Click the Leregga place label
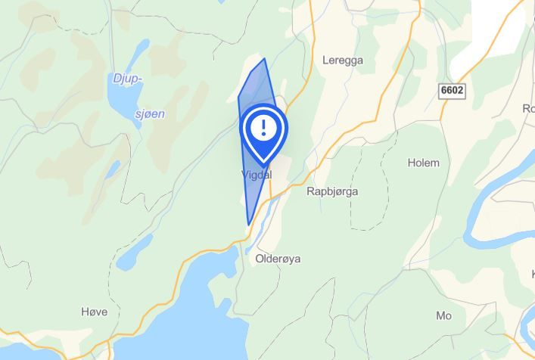click(x=343, y=60)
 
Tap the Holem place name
click(x=423, y=163)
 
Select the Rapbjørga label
click(x=332, y=191)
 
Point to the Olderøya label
click(x=278, y=259)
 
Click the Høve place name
click(x=94, y=312)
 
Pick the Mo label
click(x=443, y=315)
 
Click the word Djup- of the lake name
click(x=127, y=79)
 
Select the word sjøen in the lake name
click(x=149, y=114)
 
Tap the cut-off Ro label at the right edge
click(x=528, y=108)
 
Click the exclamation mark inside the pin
click(x=263, y=126)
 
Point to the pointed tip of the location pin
click(x=263, y=165)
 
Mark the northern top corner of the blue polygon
click(x=264, y=59)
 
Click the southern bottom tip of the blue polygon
click(x=248, y=225)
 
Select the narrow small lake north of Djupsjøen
click(x=138, y=53)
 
